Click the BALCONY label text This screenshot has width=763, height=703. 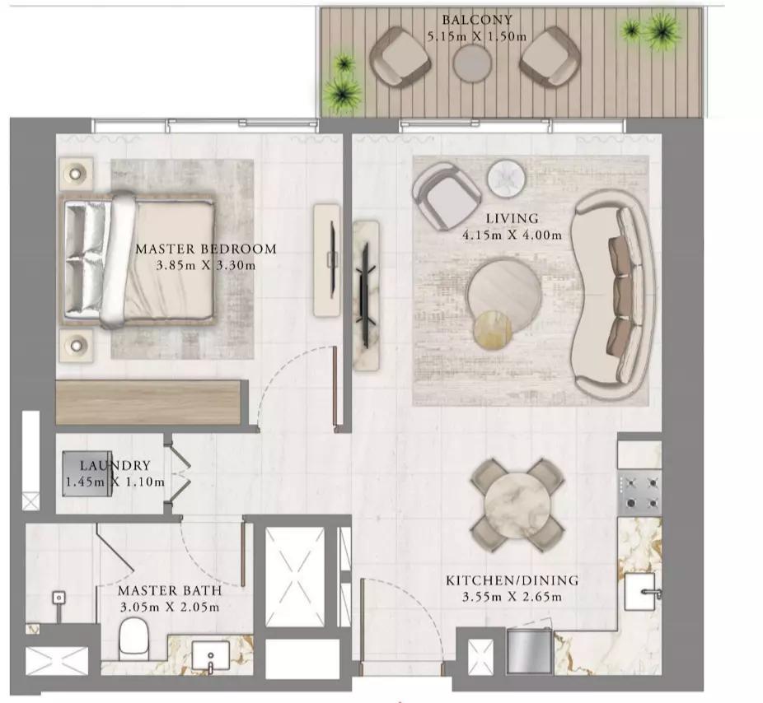click(x=476, y=20)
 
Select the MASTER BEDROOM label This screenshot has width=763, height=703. click(x=206, y=249)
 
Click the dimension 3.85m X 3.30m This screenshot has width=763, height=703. click(x=206, y=265)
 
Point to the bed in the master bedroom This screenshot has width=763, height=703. click(x=140, y=258)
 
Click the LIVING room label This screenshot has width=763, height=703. click(x=512, y=218)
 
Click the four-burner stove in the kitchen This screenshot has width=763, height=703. click(x=640, y=492)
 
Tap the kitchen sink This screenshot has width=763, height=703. click(x=642, y=592)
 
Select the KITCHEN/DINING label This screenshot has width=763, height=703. click(x=512, y=580)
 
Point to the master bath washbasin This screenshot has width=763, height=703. click(x=211, y=658)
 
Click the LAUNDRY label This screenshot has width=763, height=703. click(x=115, y=466)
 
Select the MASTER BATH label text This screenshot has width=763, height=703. click(x=169, y=591)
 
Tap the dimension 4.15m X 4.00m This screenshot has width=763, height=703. click(x=512, y=235)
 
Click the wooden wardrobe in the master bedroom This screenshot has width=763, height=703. click(x=148, y=402)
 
